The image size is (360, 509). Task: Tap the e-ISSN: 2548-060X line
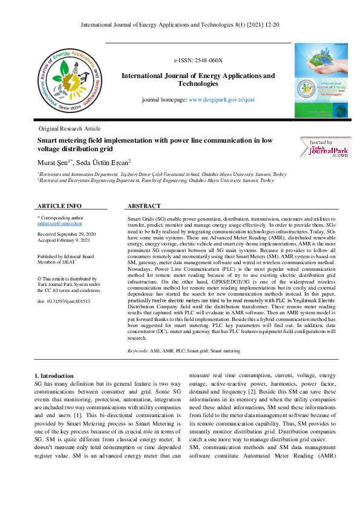[198, 61]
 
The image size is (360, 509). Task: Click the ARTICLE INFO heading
[59, 206]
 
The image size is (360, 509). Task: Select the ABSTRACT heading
[144, 206]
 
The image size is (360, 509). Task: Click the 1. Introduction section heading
[54, 376]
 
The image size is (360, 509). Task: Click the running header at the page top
[180, 25]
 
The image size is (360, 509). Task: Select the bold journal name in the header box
[198, 80]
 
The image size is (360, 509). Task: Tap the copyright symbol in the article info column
[39, 278]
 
